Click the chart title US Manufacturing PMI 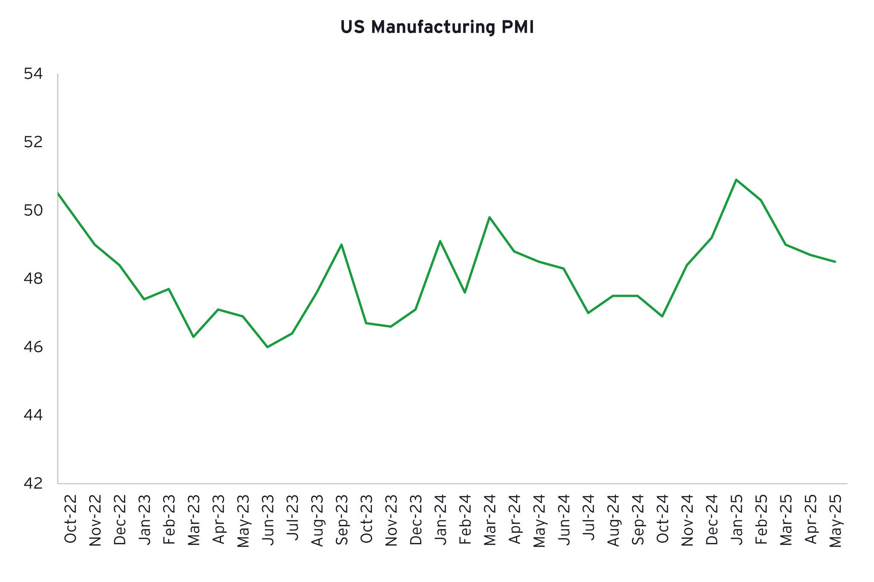click(x=437, y=27)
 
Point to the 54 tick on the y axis click(x=33, y=74)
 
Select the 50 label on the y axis click(x=33, y=210)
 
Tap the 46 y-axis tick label click(x=33, y=347)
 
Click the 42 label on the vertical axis click(x=33, y=483)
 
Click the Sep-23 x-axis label click(x=341, y=519)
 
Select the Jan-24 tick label click(x=440, y=519)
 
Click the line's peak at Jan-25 click(x=736, y=180)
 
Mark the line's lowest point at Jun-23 click(x=267, y=347)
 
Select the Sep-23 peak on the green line click(x=341, y=244)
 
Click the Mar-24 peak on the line click(x=489, y=217)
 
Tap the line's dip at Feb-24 click(x=465, y=292)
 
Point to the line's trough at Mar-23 click(x=193, y=337)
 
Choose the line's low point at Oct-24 click(x=662, y=316)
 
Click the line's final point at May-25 click(x=835, y=261)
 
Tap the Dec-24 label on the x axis click(x=711, y=519)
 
